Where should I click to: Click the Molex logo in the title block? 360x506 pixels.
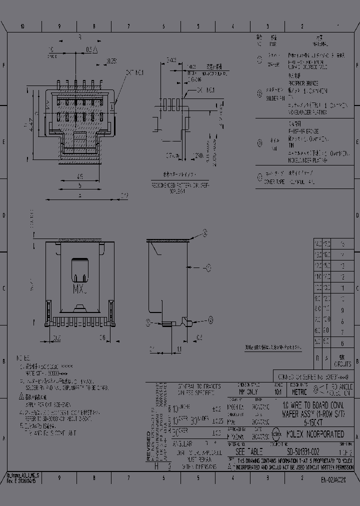click(x=276, y=434)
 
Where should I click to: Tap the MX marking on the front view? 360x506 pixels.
click(x=80, y=288)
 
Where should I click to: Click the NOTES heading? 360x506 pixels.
click(x=23, y=358)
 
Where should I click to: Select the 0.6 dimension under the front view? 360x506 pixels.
click(x=101, y=337)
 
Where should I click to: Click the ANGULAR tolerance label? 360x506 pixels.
click(x=183, y=443)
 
